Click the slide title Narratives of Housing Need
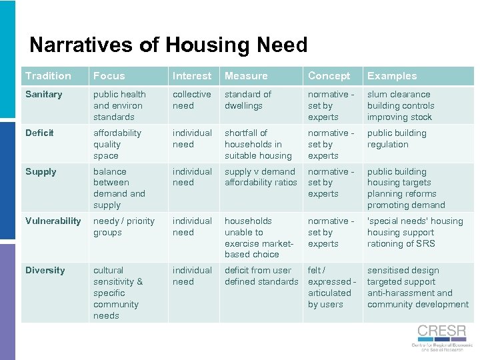[168, 45]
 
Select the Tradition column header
[48, 76]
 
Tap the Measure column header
[246, 76]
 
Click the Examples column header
[392, 76]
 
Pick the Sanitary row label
[44, 95]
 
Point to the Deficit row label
[39, 133]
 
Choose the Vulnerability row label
[53, 221]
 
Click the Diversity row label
[45, 271]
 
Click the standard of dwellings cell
[248, 100]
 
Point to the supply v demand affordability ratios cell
[261, 177]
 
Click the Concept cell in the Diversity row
[331, 287]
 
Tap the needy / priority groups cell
[124, 227]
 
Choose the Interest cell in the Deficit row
[192, 139]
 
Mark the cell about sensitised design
[417, 287]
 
